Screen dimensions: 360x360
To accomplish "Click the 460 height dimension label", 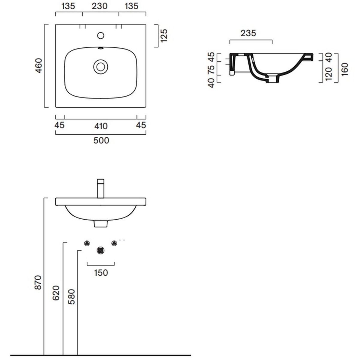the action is [39, 66].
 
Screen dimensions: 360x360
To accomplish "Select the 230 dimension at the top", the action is [100, 6].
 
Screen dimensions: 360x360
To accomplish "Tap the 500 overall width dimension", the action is [101, 140].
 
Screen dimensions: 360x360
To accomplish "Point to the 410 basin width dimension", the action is [101, 126].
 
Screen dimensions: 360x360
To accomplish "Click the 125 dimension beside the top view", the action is [164, 36].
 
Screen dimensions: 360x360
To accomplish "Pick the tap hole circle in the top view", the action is [101, 35].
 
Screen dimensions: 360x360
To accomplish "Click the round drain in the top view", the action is [101, 67].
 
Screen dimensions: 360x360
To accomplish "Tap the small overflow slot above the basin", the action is [101, 48].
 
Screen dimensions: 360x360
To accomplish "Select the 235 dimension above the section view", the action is [248, 33].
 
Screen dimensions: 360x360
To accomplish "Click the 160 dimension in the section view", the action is [345, 69].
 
